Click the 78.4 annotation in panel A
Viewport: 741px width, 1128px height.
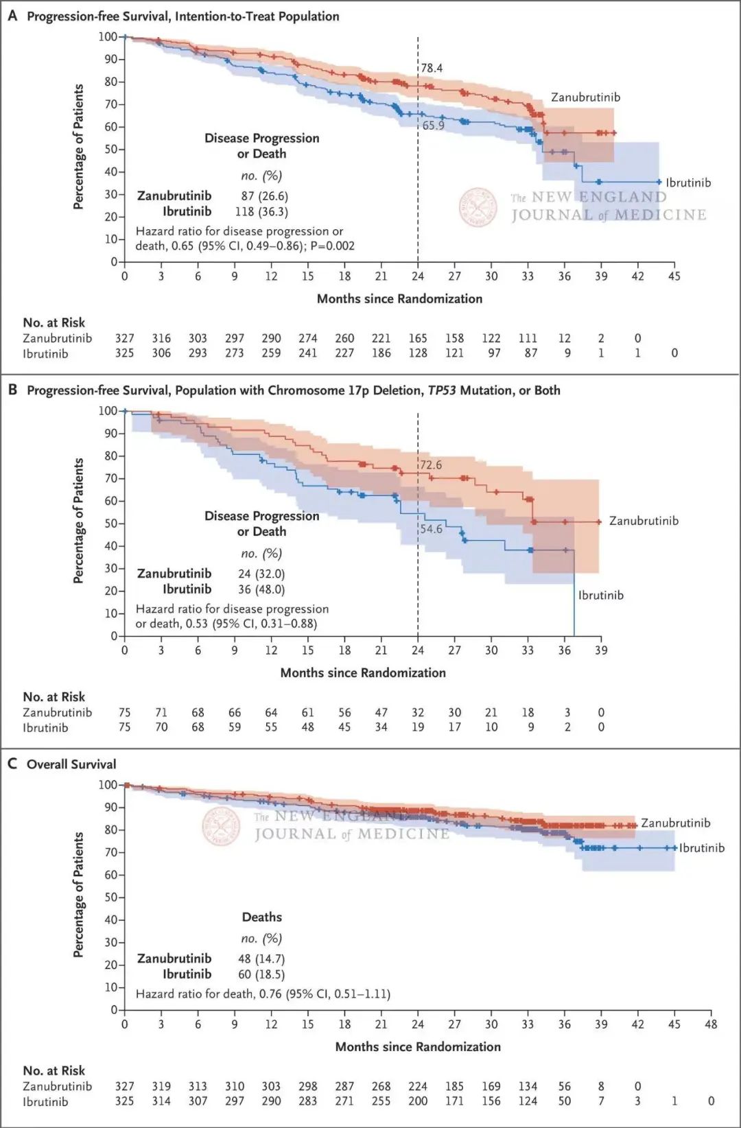point(432,68)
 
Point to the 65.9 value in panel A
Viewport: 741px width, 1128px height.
point(433,126)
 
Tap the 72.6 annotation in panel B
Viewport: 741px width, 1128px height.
point(431,465)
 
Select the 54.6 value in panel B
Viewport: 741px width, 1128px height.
point(431,529)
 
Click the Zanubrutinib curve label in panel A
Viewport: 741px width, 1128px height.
point(585,97)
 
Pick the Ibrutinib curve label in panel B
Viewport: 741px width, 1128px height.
point(600,596)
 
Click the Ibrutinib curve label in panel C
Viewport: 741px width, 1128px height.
point(701,848)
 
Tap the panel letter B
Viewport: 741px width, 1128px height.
point(12,390)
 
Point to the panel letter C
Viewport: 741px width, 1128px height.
point(12,764)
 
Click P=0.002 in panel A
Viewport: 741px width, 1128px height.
point(332,246)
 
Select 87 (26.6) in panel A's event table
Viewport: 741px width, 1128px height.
point(264,196)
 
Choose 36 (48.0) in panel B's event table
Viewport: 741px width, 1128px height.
point(261,589)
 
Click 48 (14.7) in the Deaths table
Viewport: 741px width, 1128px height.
point(261,959)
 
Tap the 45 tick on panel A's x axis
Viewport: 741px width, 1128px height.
point(674,276)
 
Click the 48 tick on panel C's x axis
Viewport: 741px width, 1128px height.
point(711,1024)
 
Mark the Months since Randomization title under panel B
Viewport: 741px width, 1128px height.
point(363,673)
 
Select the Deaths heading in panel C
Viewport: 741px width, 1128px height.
point(261,917)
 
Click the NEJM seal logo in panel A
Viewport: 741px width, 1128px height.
point(478,207)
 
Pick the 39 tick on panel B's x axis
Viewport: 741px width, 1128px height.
point(601,650)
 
